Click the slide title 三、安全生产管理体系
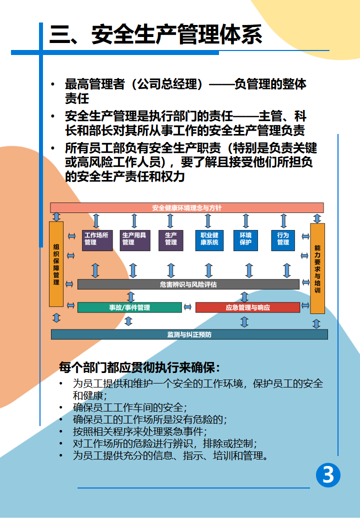pyautogui.click(x=156, y=34)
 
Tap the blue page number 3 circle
pyautogui.click(x=328, y=475)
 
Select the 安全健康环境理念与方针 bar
pyautogui.click(x=186, y=208)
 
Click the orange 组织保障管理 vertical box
pyautogui.click(x=56, y=264)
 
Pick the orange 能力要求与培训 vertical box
pyautogui.click(x=317, y=268)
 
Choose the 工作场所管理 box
pyautogui.click(x=97, y=240)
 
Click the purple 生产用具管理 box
pyautogui.click(x=134, y=240)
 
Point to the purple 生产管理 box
pyautogui.click(x=170, y=240)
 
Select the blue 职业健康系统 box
pyautogui.click(x=209, y=240)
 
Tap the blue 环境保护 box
pyautogui.click(x=245, y=240)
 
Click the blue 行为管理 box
pyautogui.click(x=283, y=240)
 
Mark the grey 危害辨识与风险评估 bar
pyautogui.click(x=188, y=284)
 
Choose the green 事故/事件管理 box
pyautogui.click(x=129, y=307)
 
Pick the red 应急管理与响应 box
pyautogui.click(x=247, y=307)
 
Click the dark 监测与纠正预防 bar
pyautogui.click(x=189, y=334)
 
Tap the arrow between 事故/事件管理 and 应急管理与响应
pyautogui.click(x=187, y=307)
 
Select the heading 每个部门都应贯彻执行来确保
pyautogui.click(x=139, y=367)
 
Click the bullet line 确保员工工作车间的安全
pyautogui.click(x=129, y=407)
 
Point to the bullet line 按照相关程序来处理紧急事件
pyautogui.click(x=139, y=431)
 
